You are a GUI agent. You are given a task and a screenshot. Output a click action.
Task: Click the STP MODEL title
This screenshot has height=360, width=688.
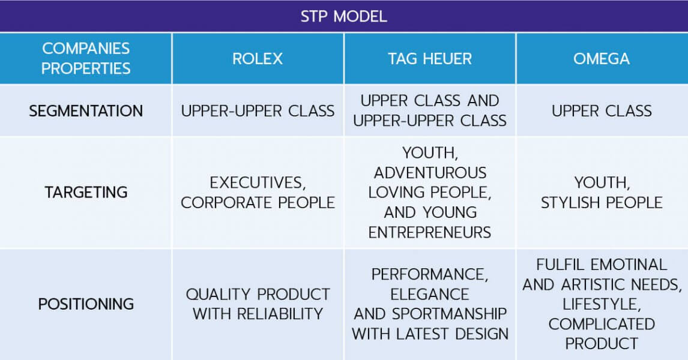click(343, 17)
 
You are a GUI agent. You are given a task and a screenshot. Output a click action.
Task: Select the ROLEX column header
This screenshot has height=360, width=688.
click(258, 59)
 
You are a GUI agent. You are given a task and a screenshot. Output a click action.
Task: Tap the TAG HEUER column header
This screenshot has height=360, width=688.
click(430, 59)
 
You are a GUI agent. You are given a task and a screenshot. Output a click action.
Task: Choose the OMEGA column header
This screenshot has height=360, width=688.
click(602, 59)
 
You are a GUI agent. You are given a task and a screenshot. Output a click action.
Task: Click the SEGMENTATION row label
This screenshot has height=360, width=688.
click(86, 110)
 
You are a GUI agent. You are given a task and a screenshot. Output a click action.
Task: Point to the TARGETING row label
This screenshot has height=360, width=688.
click(86, 192)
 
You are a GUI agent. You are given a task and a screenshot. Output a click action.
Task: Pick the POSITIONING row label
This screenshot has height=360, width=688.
click(86, 304)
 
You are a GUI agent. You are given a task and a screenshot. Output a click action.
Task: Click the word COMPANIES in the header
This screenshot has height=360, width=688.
click(86, 48)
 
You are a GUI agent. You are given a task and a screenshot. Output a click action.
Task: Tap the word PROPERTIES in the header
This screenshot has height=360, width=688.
click(86, 68)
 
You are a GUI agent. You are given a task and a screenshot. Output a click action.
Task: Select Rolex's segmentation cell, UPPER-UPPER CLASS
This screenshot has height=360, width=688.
click(258, 110)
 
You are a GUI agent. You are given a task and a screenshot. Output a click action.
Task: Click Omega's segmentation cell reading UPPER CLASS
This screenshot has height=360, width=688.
click(602, 110)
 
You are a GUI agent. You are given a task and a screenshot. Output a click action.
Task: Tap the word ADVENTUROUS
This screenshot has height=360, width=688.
click(430, 172)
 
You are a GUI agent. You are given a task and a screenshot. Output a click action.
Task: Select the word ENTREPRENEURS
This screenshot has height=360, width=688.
click(430, 232)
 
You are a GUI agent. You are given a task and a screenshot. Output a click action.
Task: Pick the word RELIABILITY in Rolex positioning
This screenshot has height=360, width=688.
click(280, 314)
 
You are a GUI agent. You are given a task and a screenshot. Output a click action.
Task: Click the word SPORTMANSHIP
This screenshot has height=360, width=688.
click(449, 314)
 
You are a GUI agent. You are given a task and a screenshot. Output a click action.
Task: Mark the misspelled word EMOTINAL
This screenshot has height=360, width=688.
click(629, 265)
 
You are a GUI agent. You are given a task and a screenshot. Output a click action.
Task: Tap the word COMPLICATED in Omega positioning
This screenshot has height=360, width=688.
click(602, 324)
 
